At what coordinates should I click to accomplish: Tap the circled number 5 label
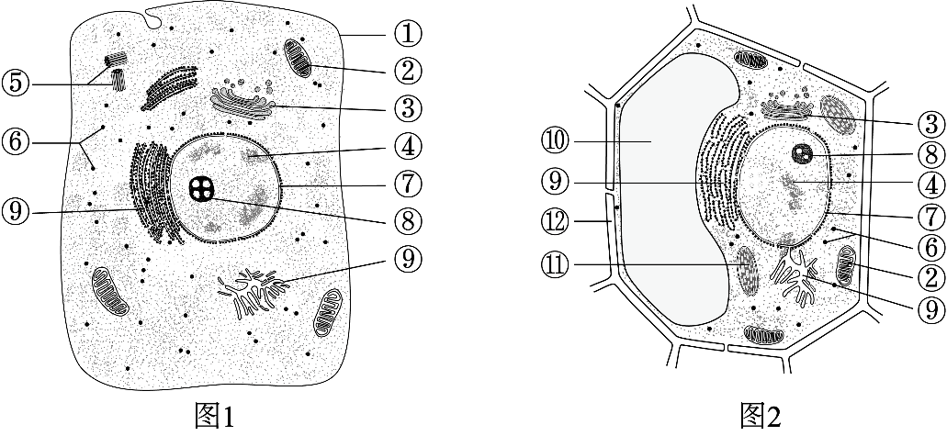tap(15, 83)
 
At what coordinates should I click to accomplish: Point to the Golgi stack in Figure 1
tap(242, 100)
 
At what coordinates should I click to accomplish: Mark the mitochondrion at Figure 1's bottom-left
tap(110, 293)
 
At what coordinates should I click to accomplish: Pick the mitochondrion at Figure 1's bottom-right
tap(327, 312)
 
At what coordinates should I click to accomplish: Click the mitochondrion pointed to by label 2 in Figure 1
tap(298, 59)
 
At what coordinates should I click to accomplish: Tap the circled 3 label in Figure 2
tap(930, 125)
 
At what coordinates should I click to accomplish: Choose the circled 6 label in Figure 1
tap(15, 143)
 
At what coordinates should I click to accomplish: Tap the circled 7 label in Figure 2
tap(930, 216)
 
